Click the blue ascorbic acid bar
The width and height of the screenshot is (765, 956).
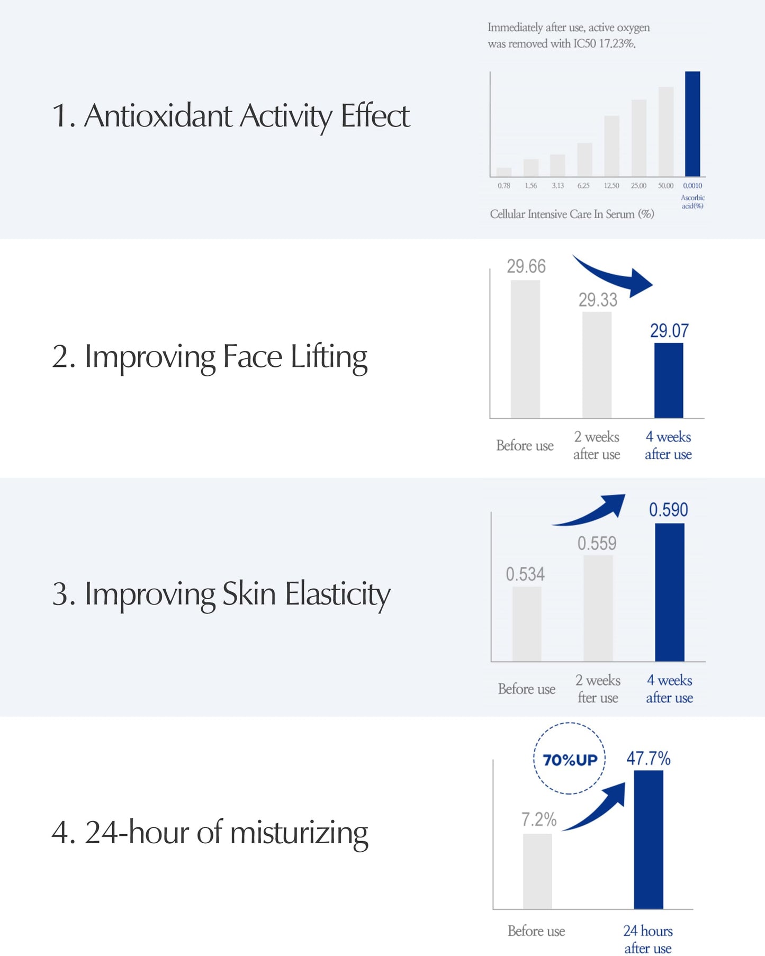692,124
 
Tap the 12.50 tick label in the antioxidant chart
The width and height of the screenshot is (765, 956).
611,186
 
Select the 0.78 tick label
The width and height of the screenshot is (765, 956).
504,186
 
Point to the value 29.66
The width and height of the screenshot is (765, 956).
526,266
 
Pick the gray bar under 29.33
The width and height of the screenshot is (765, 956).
597,365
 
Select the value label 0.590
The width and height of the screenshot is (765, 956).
668,510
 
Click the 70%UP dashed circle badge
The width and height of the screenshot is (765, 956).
570,759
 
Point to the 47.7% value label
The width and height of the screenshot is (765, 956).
648,758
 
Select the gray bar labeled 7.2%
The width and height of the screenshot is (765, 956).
537,871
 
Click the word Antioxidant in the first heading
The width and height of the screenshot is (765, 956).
158,116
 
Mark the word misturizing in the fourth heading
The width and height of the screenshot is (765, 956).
299,833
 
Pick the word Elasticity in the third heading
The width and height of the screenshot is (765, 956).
337,594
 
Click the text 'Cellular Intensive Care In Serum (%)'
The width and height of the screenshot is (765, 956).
572,214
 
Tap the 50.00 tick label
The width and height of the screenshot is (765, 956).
665,186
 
